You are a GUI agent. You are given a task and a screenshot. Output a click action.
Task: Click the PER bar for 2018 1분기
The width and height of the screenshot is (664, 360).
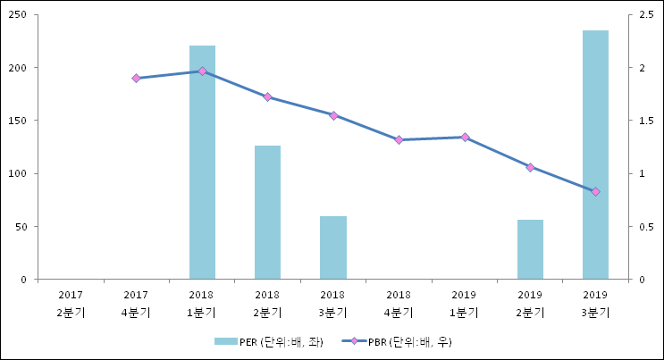tap(202, 162)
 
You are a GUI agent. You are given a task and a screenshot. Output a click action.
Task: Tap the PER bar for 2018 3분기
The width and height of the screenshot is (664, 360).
tap(333, 247)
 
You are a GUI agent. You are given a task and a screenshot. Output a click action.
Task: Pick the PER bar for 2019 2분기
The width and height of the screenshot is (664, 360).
tap(530, 249)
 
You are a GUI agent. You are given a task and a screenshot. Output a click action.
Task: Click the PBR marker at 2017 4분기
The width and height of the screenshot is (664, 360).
tap(136, 79)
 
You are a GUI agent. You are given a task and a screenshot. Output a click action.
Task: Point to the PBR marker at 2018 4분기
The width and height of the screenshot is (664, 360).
tap(399, 140)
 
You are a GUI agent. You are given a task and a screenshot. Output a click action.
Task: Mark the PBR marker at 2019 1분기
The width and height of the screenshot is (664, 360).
tap(465, 137)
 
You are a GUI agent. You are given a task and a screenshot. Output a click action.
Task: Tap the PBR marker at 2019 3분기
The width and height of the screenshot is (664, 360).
tap(595, 191)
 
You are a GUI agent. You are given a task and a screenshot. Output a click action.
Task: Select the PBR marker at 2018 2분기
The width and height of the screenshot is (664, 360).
tap(267, 96)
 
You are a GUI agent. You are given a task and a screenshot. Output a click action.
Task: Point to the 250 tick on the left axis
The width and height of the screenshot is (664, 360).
tap(21, 15)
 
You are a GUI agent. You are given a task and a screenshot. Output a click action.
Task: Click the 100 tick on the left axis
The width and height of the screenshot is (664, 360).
tap(21, 173)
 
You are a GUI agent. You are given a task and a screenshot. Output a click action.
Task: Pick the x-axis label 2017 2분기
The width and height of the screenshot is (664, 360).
tap(71, 304)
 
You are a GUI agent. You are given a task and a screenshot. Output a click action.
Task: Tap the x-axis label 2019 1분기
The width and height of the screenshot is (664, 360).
tap(465, 304)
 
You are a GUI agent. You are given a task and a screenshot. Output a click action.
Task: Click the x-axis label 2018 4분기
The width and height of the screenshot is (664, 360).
tap(399, 304)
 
